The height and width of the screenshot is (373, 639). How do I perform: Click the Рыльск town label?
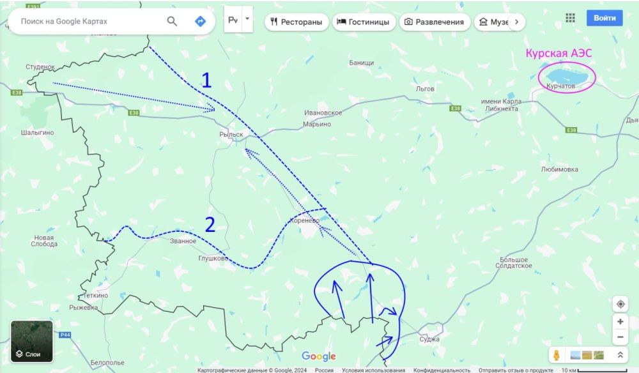(231, 135)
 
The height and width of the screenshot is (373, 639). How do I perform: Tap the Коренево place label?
(304, 220)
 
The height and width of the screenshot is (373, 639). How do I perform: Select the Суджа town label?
(429, 339)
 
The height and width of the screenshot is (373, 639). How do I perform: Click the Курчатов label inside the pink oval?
(561, 86)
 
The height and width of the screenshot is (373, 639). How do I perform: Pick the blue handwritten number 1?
(206, 80)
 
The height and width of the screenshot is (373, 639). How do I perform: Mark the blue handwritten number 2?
(210, 224)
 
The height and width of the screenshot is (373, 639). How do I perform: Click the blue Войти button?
(604, 18)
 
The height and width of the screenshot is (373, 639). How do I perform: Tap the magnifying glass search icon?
(172, 22)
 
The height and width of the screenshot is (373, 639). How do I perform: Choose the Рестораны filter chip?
(296, 22)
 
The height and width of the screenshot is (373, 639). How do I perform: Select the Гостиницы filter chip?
(362, 22)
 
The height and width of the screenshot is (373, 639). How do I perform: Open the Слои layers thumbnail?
(31, 341)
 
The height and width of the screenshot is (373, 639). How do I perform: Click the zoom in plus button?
(620, 322)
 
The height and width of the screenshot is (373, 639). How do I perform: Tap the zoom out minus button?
(620, 337)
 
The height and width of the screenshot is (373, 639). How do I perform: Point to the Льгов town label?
(425, 88)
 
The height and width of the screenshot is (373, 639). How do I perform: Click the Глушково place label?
(213, 259)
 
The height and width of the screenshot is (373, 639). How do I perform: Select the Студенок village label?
(41, 66)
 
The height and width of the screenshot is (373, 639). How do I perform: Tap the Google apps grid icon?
(570, 18)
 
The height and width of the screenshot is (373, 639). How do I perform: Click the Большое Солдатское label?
(514, 263)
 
